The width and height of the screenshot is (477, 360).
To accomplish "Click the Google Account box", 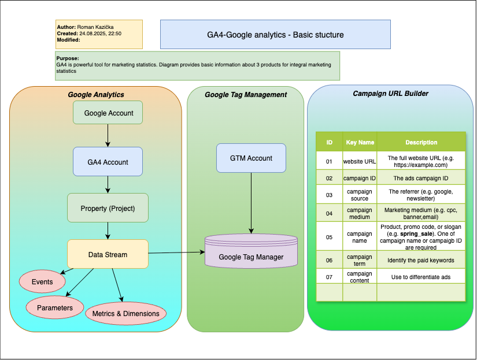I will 108,113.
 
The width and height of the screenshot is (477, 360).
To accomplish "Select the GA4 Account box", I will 108,162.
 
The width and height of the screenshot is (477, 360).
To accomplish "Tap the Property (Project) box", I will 108,208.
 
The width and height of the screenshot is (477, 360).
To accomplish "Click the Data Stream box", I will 108,254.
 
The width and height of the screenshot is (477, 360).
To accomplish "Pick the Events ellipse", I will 42,282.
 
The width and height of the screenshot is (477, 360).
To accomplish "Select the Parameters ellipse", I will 55,307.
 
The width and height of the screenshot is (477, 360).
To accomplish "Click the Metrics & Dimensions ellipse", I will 126,314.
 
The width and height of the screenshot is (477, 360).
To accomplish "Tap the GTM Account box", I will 251,158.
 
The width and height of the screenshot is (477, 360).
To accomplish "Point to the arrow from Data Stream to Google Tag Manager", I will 176,253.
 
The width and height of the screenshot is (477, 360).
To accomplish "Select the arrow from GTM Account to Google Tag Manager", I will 251,202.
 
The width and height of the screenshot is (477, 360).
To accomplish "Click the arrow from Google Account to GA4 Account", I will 108,135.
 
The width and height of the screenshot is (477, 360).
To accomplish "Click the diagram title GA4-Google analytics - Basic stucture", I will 275,35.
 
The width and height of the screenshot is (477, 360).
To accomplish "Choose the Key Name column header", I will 360,142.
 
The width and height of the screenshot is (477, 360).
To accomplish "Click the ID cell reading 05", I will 329,236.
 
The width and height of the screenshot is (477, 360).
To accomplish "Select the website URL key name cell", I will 360,161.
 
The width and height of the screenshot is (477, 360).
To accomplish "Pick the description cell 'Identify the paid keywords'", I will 420,260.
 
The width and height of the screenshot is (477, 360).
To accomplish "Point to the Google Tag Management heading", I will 246,95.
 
